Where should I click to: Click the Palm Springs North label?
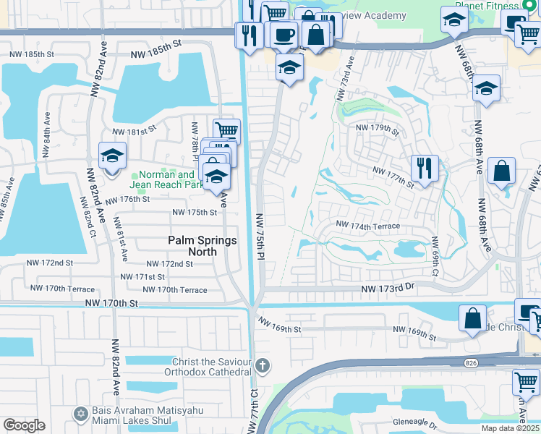[202, 246]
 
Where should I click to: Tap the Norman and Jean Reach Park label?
[166, 179]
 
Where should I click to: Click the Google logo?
[24, 425]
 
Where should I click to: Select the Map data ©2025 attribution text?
[510, 428]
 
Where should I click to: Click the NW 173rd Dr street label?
[391, 289]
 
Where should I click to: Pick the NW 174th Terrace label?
[367, 226]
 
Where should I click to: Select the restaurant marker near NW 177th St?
[424, 169]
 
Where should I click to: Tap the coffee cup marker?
[284, 34]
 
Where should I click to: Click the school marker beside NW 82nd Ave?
[112, 156]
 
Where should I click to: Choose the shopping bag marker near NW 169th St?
[472, 318]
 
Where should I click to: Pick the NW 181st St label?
[134, 131]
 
